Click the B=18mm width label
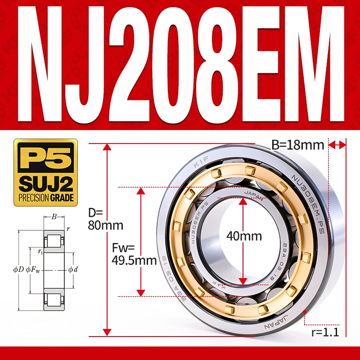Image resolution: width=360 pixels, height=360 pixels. pyautogui.click(x=298, y=145)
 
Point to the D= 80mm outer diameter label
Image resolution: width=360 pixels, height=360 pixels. pyautogui.click(x=99, y=219)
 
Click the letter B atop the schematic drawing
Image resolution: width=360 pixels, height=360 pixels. pyautogui.click(x=54, y=217)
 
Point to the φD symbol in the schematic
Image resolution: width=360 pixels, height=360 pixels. pyautogui.click(x=18, y=270)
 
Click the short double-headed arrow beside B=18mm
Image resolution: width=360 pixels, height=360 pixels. pyautogui.click(x=337, y=144)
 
